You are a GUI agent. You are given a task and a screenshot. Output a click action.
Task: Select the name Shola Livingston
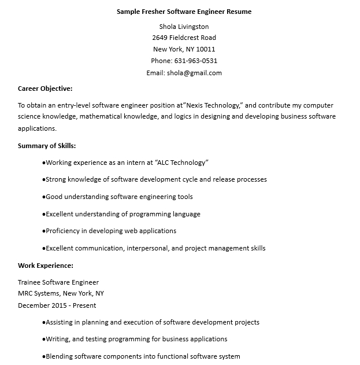tap(184, 27)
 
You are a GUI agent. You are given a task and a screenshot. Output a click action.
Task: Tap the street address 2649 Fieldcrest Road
tap(184, 38)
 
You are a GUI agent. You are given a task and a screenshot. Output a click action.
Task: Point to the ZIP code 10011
tap(206, 50)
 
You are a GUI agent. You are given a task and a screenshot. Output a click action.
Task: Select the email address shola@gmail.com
tap(194, 73)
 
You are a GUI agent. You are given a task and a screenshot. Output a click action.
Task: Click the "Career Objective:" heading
tap(45, 89)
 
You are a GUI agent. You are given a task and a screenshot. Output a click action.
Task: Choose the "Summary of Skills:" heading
tap(47, 146)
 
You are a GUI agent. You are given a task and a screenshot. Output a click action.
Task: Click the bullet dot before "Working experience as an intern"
tap(43, 163)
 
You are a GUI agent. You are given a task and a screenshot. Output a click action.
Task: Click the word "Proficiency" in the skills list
tap(62, 231)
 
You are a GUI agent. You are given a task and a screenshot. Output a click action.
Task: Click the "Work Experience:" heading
tap(46, 266)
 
